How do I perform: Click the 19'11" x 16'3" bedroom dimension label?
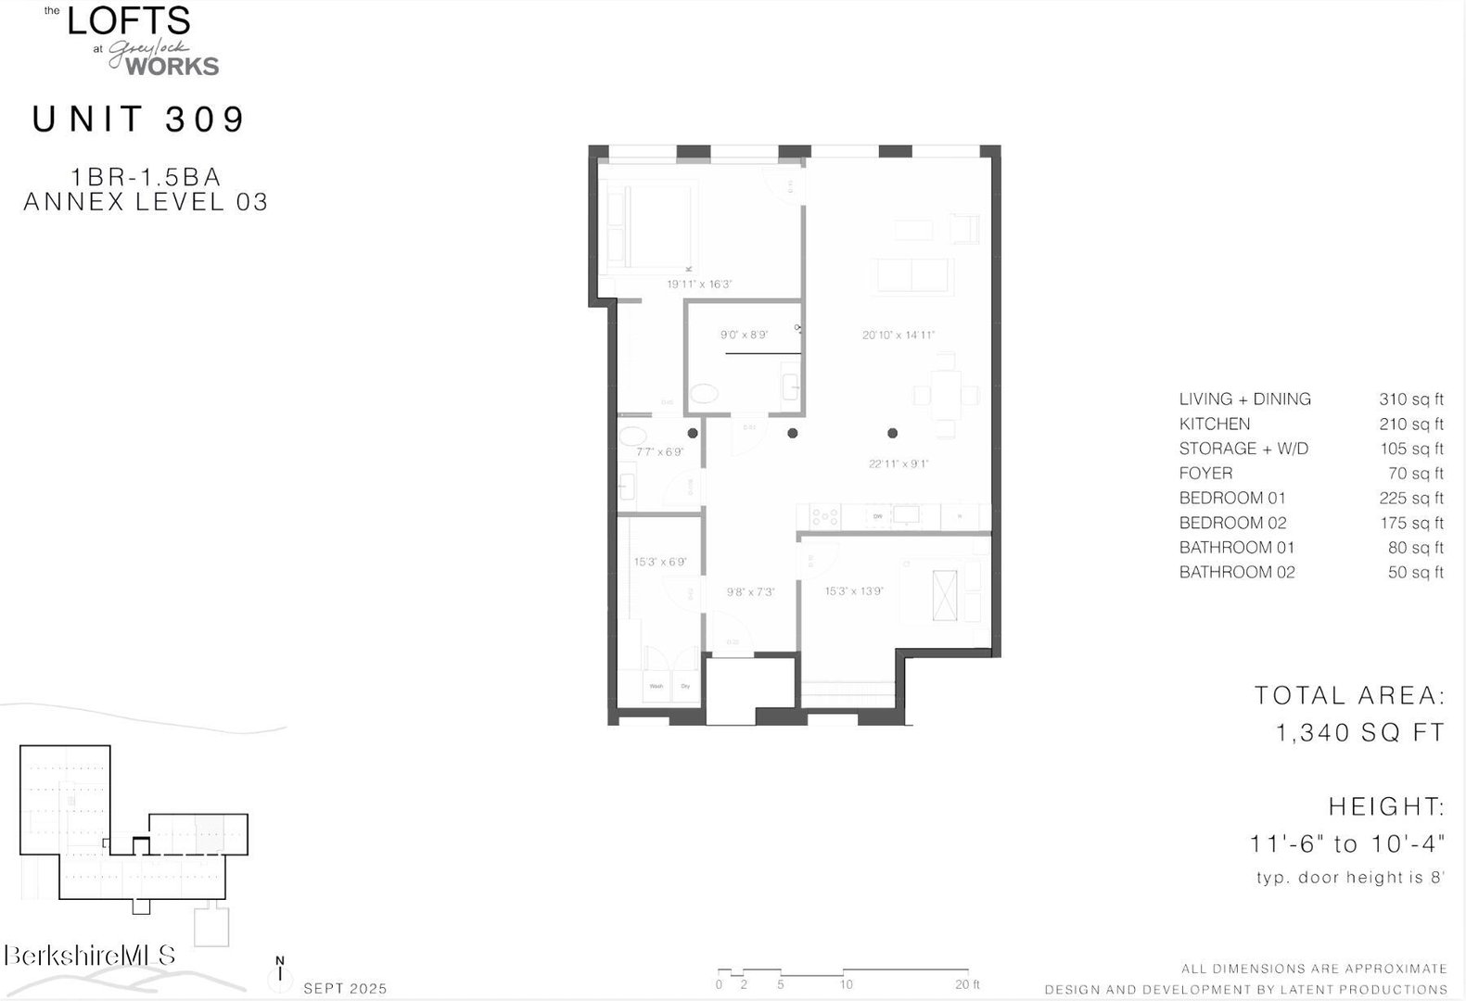[x=699, y=285]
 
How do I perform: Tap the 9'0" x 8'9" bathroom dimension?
[x=744, y=335]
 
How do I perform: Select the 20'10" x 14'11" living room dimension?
[x=899, y=335]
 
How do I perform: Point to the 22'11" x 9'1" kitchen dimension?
[x=899, y=463]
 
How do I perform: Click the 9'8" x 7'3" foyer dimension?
[x=750, y=591]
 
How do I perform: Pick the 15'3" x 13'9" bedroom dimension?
[x=854, y=590]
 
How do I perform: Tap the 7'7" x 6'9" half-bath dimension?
[x=659, y=452]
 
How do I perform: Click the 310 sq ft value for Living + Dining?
[x=1410, y=399]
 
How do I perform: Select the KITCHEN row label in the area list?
[x=1214, y=424]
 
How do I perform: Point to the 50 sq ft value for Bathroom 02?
[x=1415, y=573]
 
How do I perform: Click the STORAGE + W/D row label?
[x=1243, y=449]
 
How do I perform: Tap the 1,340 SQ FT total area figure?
[x=1359, y=732]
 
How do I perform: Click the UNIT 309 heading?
[x=139, y=120]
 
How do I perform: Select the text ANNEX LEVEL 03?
[x=146, y=202]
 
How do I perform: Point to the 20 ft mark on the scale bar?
[x=967, y=984]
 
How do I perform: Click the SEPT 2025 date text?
[x=345, y=989]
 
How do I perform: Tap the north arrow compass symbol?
[x=280, y=972]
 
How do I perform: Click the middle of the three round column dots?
[x=793, y=433]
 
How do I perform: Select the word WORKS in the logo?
[x=172, y=67]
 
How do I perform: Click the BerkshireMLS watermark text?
[x=90, y=957]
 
